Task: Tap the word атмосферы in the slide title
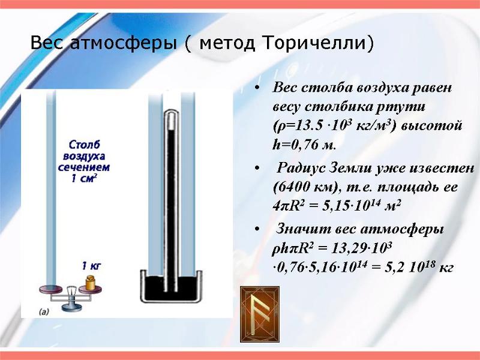pyautogui.click(x=124, y=43)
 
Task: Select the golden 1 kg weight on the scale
pyautogui.click(x=91, y=282)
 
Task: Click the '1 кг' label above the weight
pyautogui.click(x=91, y=266)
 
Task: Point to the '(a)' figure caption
pyautogui.click(x=44, y=312)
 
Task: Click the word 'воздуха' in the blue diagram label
pyautogui.click(x=84, y=156)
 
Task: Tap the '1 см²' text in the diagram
pyautogui.click(x=84, y=178)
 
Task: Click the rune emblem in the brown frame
pyautogui.click(x=260, y=314)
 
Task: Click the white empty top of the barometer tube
pyautogui.click(x=171, y=119)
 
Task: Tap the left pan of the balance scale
pyautogui.click(x=50, y=289)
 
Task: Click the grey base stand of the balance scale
pyautogui.click(x=72, y=307)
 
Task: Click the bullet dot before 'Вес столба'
pyautogui.click(x=257, y=88)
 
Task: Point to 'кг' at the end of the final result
pyautogui.click(x=446, y=268)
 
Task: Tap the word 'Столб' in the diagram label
pyautogui.click(x=84, y=144)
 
